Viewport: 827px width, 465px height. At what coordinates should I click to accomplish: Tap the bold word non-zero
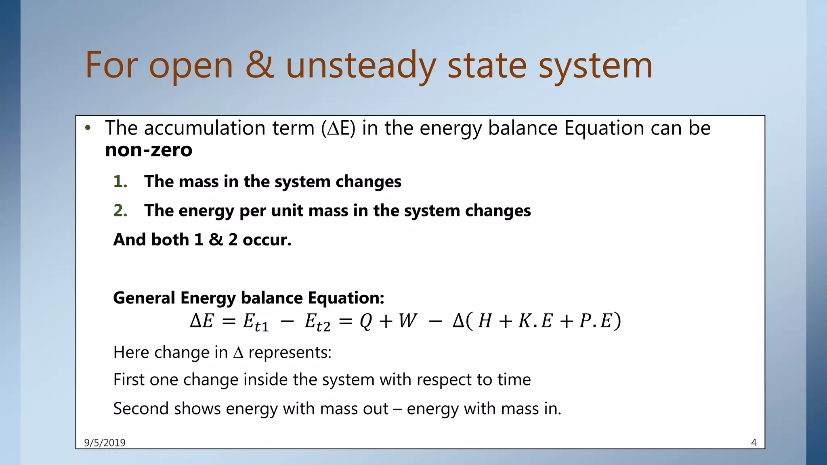pos(149,150)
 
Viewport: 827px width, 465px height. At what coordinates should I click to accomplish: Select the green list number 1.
pos(120,182)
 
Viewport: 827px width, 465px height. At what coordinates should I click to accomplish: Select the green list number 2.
pos(120,211)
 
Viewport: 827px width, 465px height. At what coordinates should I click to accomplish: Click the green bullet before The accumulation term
pos(88,128)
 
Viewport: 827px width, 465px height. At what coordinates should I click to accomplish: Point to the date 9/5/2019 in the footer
pos(105,443)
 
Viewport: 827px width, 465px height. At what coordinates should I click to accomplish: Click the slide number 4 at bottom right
pos(754,443)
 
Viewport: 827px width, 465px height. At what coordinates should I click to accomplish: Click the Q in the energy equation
pos(365,322)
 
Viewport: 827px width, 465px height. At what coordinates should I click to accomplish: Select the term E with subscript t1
pos(255,323)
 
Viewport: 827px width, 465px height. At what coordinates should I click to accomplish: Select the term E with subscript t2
pos(317,323)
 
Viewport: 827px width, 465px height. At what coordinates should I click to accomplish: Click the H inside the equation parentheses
pos(485,321)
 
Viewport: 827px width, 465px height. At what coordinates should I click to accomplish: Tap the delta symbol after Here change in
pos(238,353)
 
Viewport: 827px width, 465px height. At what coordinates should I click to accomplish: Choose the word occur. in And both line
pos(267,240)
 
